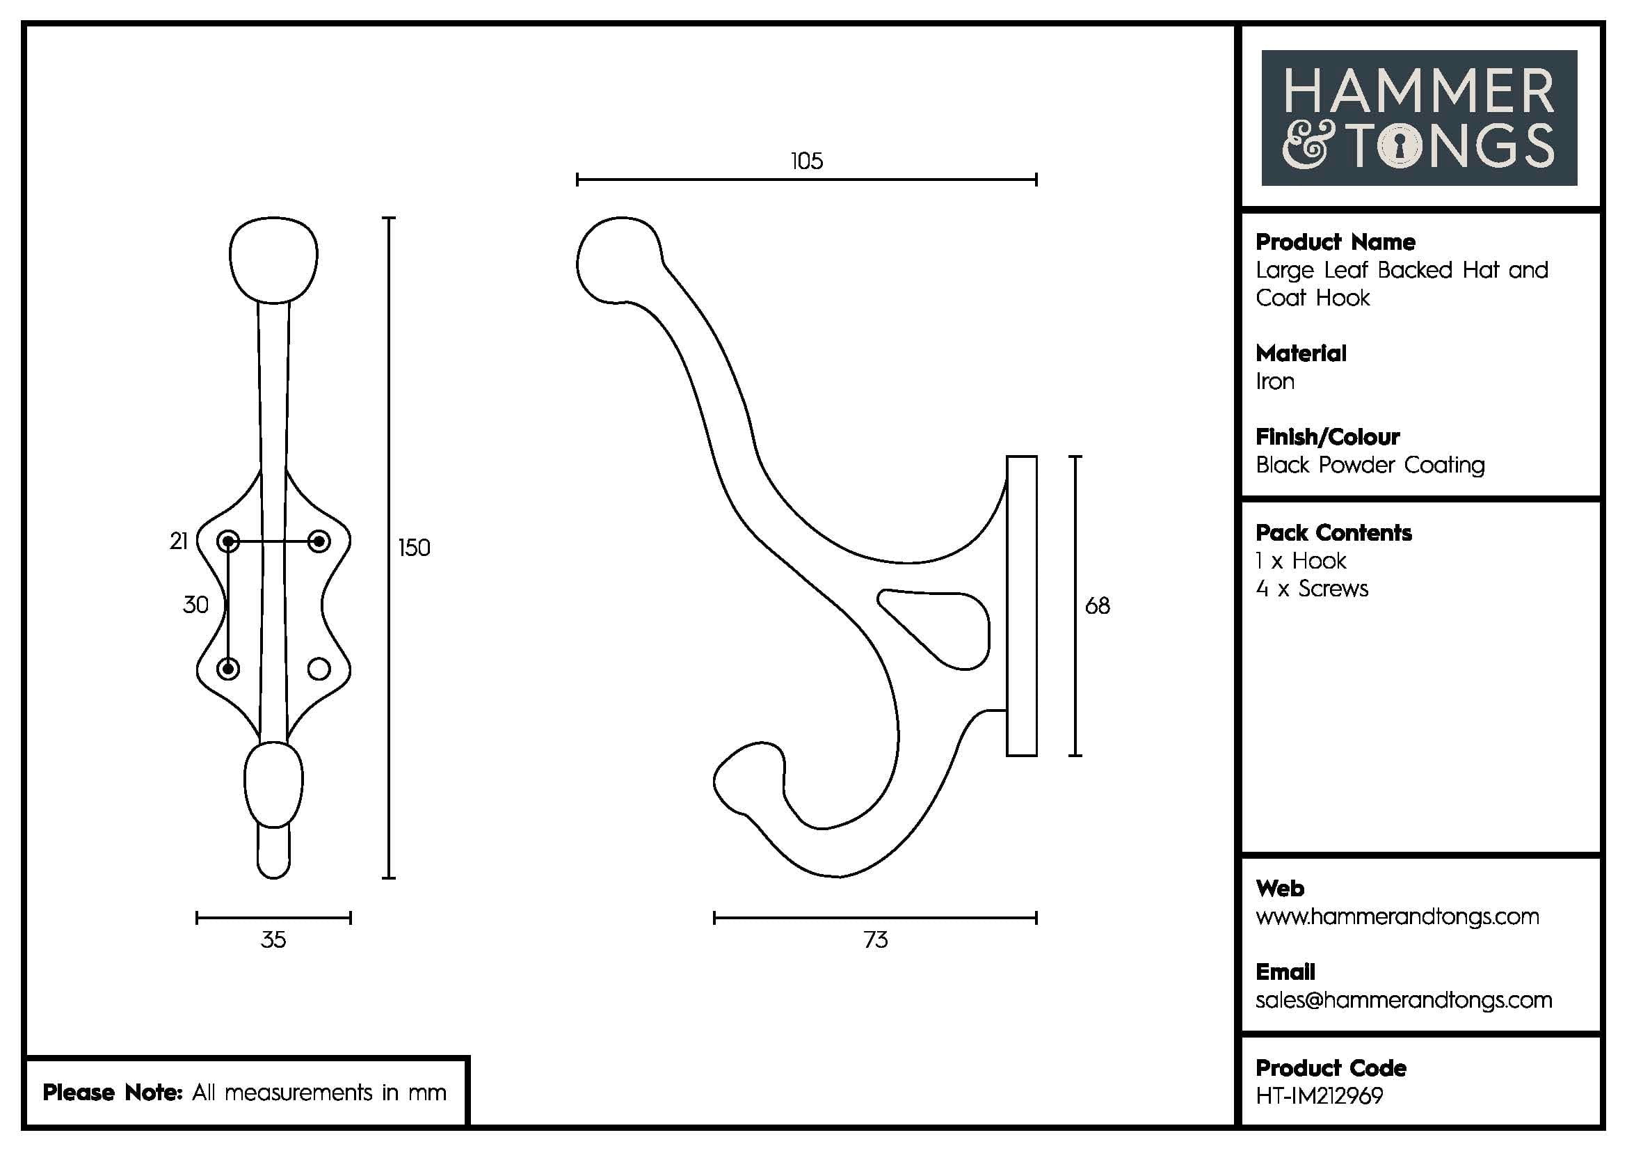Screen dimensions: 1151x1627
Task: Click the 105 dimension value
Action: pyautogui.click(x=806, y=161)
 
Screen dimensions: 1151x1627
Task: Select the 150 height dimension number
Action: pyautogui.click(x=414, y=548)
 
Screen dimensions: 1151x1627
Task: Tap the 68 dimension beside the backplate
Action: pyautogui.click(x=1097, y=606)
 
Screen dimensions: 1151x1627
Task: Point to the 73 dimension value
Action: pyautogui.click(x=875, y=939)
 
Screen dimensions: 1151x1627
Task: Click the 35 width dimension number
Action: pyautogui.click(x=273, y=939)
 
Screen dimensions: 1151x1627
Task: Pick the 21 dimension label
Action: pyautogui.click(x=179, y=541)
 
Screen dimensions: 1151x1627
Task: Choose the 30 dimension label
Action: pyautogui.click(x=195, y=605)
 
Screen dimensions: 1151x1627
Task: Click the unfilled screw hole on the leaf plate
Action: pyautogui.click(x=319, y=668)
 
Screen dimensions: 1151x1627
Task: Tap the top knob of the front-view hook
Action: pyautogui.click(x=273, y=259)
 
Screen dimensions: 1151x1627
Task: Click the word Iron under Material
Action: pyautogui.click(x=1275, y=382)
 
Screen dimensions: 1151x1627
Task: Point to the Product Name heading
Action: pyautogui.click(x=1335, y=242)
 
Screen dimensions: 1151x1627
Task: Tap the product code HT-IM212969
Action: pyautogui.click(x=1319, y=1096)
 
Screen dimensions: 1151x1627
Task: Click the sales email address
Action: pyautogui.click(x=1403, y=1000)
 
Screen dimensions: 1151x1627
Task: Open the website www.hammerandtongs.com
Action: pyautogui.click(x=1397, y=916)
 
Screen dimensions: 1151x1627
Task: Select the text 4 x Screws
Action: pyautogui.click(x=1312, y=589)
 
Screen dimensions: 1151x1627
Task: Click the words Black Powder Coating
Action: pyautogui.click(x=1370, y=466)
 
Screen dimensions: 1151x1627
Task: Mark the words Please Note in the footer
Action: pyautogui.click(x=113, y=1092)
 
